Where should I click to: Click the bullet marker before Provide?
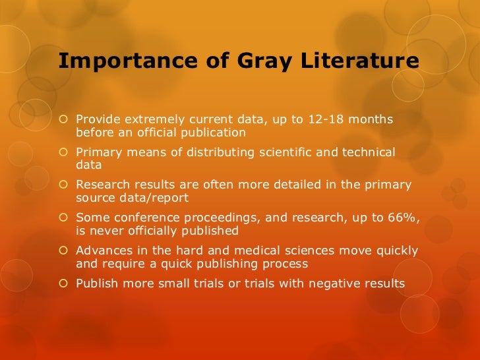(x=64, y=119)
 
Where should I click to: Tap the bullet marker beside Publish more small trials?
(x=64, y=284)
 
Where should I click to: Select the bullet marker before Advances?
(x=64, y=251)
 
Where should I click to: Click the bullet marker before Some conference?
(x=64, y=218)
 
